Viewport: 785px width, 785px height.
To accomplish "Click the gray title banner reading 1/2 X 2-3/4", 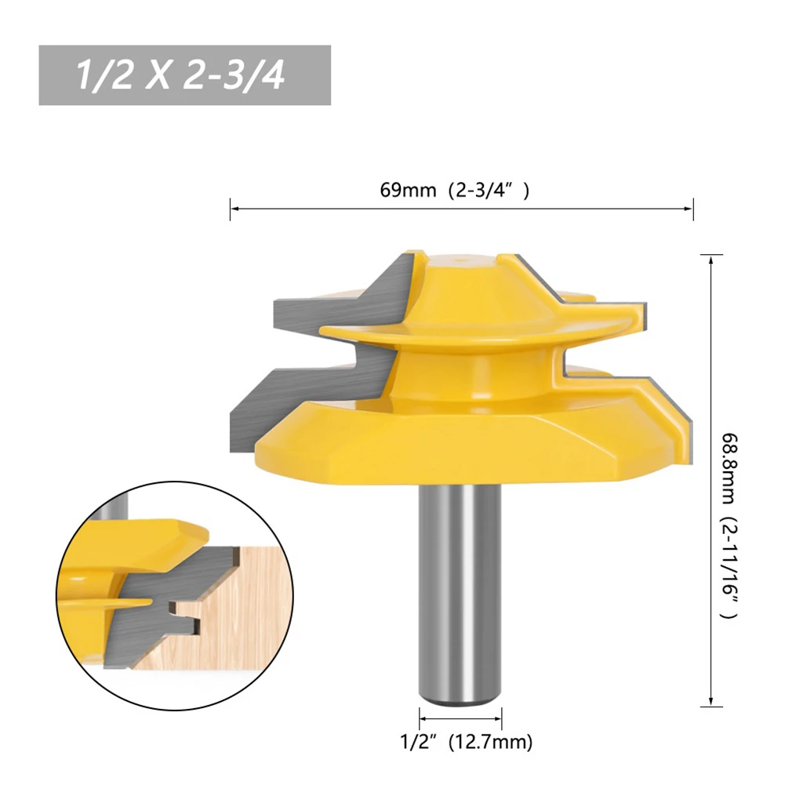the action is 185,75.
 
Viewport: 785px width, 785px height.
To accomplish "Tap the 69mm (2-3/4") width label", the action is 454,191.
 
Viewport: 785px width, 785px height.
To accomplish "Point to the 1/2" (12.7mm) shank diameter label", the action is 466,741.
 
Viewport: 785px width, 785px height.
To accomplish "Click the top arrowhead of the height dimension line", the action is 711,261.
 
